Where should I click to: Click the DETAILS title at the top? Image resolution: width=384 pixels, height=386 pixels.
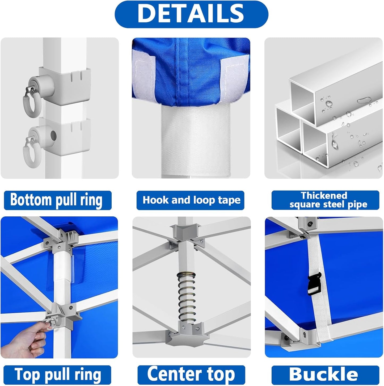tap(191, 14)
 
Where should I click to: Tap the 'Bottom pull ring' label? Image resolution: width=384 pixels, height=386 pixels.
tap(57, 200)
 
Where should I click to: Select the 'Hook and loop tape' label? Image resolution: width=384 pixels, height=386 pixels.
tap(191, 200)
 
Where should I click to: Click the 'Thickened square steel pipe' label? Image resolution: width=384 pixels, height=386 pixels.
tap(325, 200)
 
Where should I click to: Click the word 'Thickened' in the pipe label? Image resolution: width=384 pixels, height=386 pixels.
tap(324, 196)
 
